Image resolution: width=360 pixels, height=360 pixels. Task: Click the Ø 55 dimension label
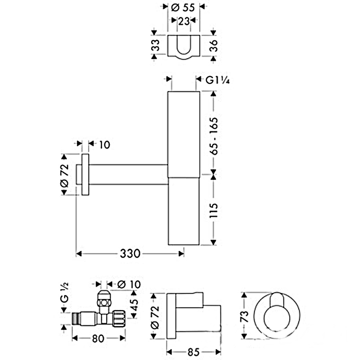(x=183, y=8)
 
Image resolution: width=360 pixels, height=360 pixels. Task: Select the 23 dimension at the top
(x=184, y=21)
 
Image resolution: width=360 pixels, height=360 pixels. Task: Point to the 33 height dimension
(x=156, y=45)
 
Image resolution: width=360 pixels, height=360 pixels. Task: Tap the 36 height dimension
(x=214, y=46)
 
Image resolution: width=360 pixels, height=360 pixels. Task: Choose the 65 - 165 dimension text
(x=214, y=136)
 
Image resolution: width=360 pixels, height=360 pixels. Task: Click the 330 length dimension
(x=130, y=254)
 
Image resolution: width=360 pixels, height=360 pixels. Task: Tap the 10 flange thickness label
(x=105, y=145)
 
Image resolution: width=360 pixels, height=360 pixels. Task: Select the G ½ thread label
(x=64, y=292)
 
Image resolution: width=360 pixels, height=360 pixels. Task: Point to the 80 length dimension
(x=98, y=338)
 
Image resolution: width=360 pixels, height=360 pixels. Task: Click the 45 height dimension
(x=134, y=304)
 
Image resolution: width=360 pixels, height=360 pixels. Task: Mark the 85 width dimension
(x=194, y=352)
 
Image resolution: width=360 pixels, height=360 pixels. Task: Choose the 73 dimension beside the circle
(x=245, y=316)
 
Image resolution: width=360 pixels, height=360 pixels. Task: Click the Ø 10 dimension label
(x=129, y=284)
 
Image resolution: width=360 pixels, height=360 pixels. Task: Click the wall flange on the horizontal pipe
(x=86, y=174)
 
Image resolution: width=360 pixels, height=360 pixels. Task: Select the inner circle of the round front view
(x=277, y=319)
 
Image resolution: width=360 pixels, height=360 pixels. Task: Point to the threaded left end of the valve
(x=76, y=318)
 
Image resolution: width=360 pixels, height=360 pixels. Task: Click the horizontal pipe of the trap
(x=128, y=174)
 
